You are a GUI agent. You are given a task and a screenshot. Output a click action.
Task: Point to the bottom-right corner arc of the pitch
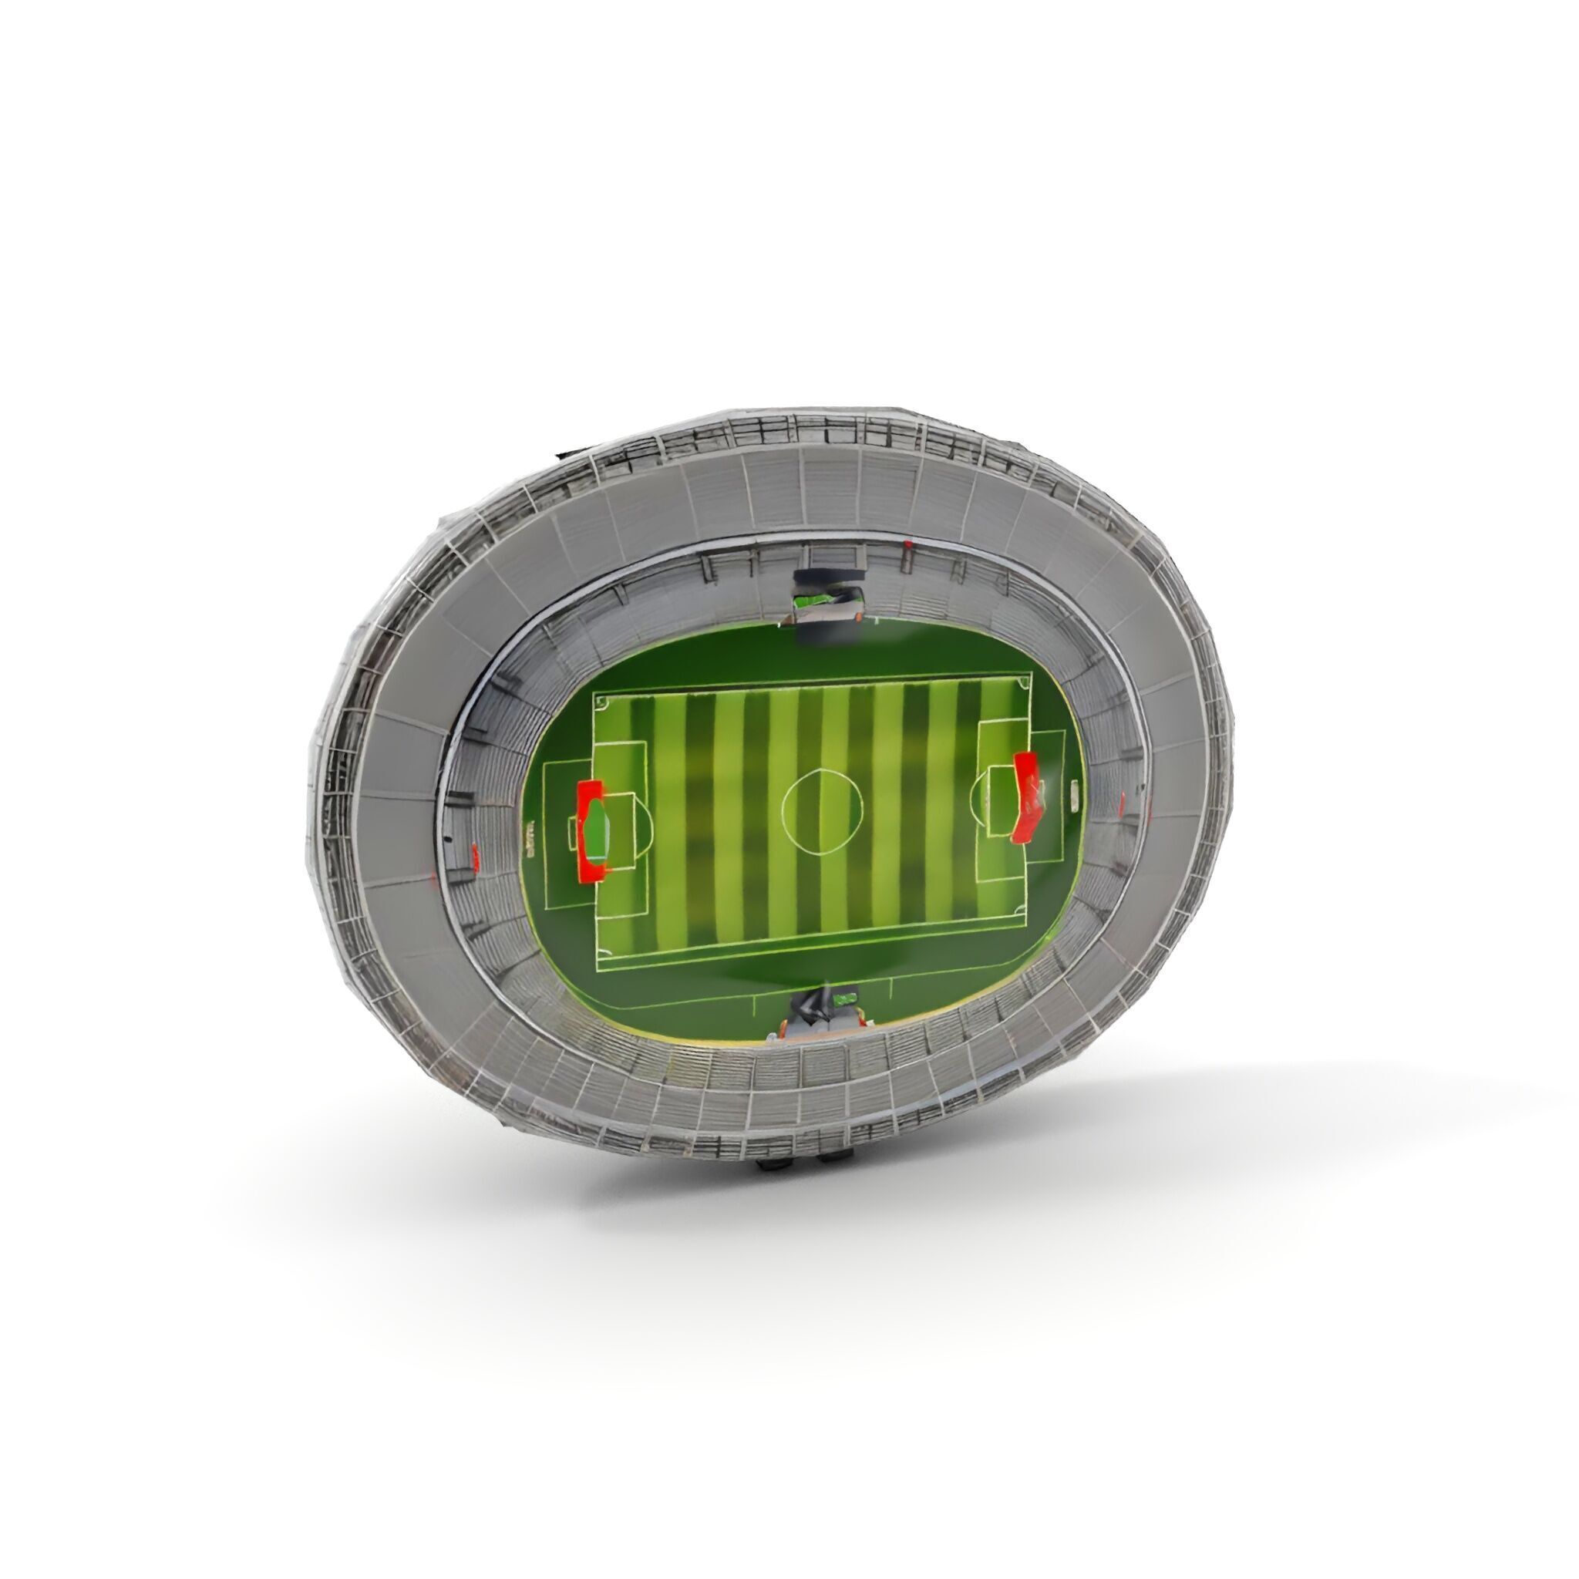click(x=1021, y=911)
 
